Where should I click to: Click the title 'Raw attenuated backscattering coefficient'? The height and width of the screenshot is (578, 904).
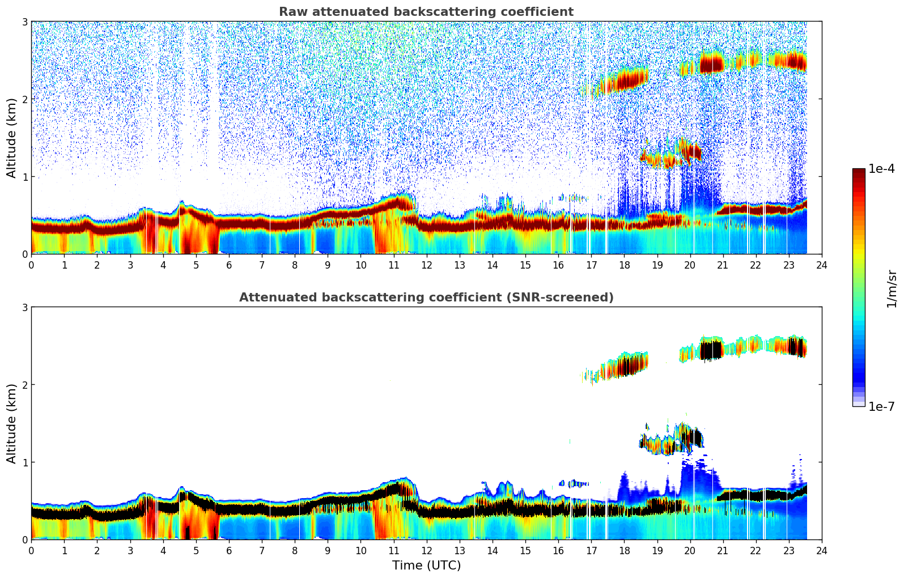(x=426, y=12)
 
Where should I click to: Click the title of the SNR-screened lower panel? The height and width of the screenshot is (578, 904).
(x=426, y=297)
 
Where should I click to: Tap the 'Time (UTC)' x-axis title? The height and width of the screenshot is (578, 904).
(x=426, y=566)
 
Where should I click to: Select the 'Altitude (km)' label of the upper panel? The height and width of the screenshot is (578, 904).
(x=12, y=138)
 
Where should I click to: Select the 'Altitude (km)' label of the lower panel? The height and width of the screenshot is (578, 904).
(x=12, y=423)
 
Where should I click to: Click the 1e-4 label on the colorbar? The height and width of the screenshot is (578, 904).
(x=881, y=169)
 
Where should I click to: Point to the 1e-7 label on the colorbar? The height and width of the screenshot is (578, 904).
(x=881, y=406)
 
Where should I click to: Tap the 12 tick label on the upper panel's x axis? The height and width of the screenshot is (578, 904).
(x=426, y=265)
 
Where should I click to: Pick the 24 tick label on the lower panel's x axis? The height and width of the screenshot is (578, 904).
(x=821, y=551)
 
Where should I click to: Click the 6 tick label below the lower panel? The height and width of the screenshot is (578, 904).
(x=229, y=551)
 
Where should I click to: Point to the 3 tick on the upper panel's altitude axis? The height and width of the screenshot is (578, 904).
(x=24, y=22)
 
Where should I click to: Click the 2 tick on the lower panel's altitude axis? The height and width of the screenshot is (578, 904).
(x=24, y=385)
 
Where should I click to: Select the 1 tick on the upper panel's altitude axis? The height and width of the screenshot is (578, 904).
(x=24, y=177)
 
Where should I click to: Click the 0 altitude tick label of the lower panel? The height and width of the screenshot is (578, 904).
(x=24, y=539)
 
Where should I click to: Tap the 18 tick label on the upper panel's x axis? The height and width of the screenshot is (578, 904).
(x=624, y=265)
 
